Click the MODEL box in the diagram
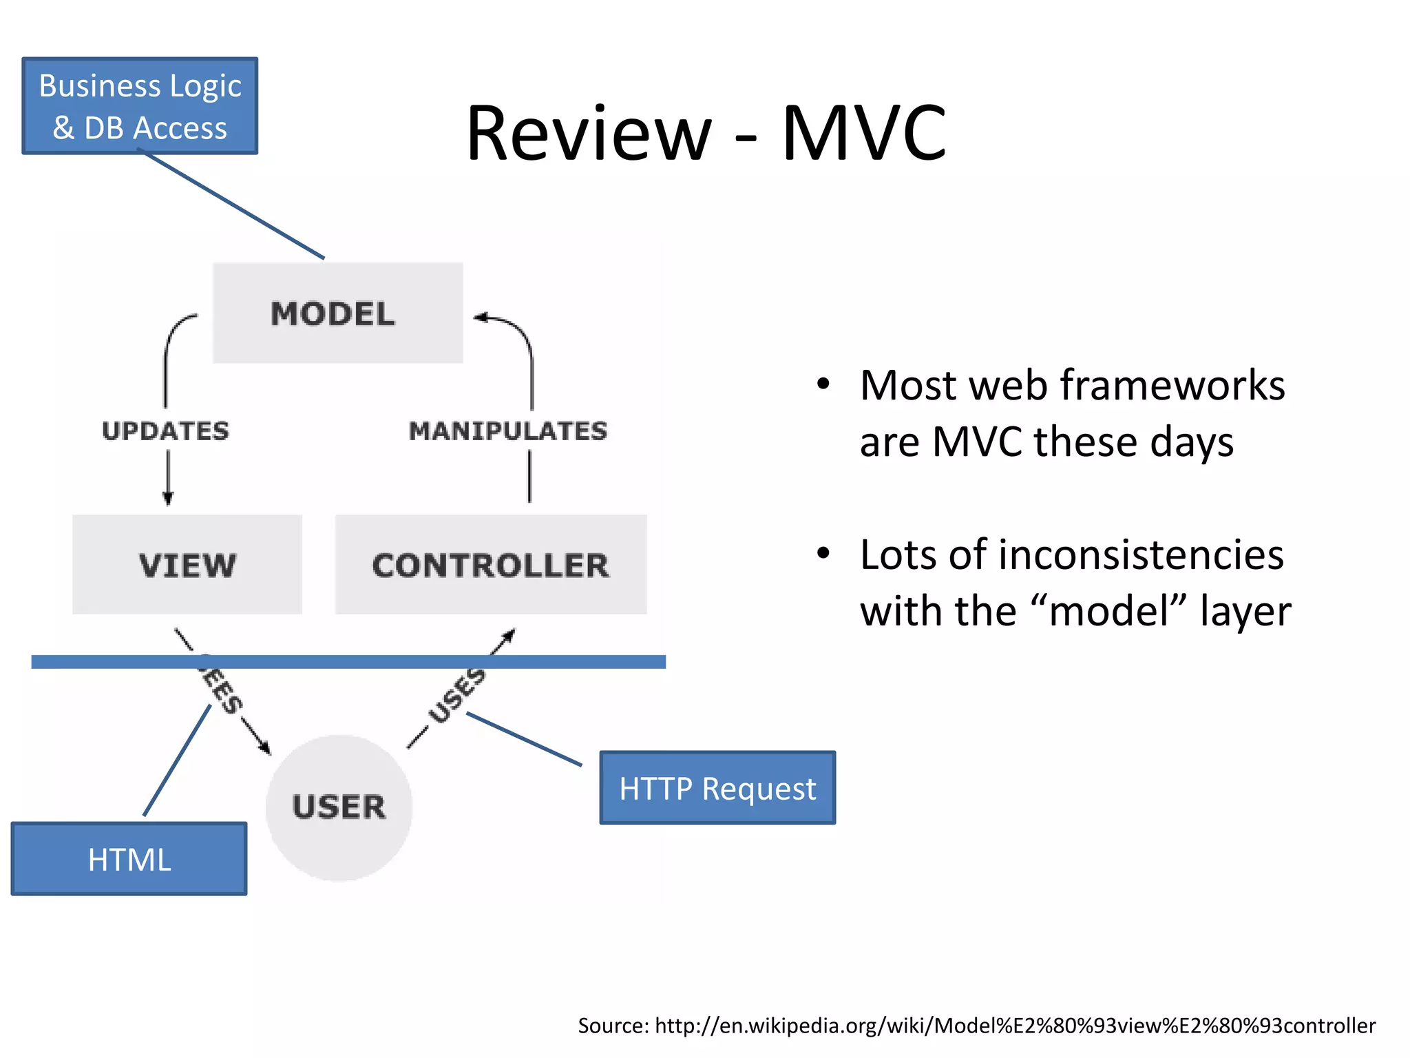click(x=337, y=313)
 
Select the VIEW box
click(x=187, y=565)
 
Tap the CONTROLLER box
click(x=490, y=565)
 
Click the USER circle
click(x=339, y=807)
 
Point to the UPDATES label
click(x=165, y=431)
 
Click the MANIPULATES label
click(x=508, y=431)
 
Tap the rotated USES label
click(x=456, y=696)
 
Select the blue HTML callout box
click(x=129, y=859)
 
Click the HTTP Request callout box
click(x=717, y=788)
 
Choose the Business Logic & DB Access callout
click(x=140, y=106)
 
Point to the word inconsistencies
click(x=1140, y=554)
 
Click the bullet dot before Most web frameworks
click(x=823, y=384)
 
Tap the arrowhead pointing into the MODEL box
click(x=481, y=318)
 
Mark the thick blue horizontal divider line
click(x=348, y=662)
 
